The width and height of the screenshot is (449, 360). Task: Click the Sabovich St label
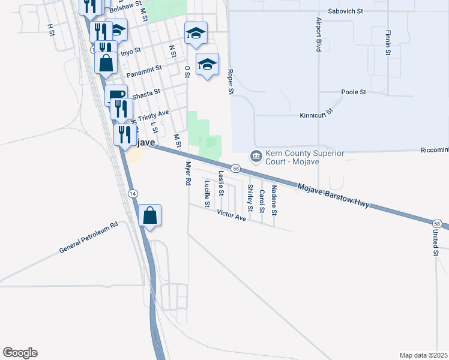[346, 11]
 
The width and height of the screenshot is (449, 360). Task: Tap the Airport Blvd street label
[319, 34]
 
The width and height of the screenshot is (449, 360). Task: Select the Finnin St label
[388, 43]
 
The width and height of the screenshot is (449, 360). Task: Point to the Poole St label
[354, 92]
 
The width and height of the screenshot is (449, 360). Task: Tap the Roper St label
[230, 82]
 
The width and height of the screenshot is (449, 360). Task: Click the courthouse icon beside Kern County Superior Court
[256, 157]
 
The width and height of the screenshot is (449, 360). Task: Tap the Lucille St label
[206, 194]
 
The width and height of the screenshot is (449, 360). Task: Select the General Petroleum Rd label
[89, 239]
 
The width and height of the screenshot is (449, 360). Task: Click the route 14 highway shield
[133, 193]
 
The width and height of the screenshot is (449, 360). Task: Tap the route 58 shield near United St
[437, 224]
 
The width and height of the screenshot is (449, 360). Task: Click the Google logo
[20, 353]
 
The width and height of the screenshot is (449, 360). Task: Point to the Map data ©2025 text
[424, 355]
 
